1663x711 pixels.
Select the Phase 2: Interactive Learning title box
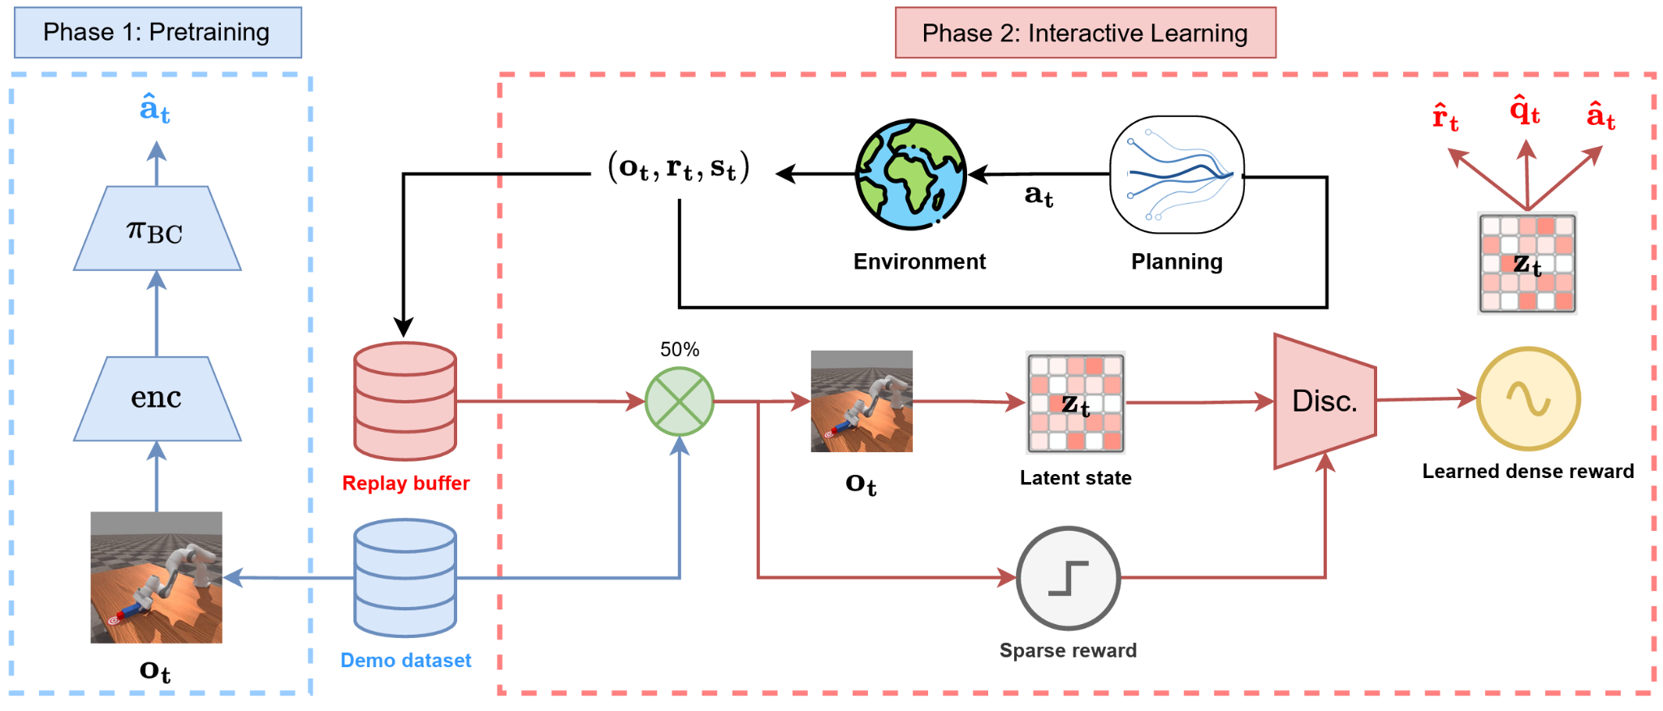click(1086, 32)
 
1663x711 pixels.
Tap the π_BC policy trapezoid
click(157, 229)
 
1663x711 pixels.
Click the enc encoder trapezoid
click(157, 399)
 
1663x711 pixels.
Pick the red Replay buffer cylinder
click(405, 402)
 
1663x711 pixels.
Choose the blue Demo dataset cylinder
click(405, 578)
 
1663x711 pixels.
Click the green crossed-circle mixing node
click(680, 402)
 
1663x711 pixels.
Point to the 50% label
click(680, 349)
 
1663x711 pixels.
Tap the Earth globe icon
click(911, 175)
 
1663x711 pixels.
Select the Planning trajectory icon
click(1177, 175)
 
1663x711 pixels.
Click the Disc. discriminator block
click(1325, 401)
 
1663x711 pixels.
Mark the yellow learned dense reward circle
click(1528, 399)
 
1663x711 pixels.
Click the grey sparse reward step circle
click(1069, 578)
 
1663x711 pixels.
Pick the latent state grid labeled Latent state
click(1076, 403)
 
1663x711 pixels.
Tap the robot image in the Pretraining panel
click(157, 577)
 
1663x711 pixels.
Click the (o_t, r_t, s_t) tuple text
click(679, 168)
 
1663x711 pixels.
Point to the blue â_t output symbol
click(155, 109)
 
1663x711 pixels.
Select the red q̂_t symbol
click(1525, 110)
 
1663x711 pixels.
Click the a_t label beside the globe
click(1039, 196)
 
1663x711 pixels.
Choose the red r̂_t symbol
click(1445, 117)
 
